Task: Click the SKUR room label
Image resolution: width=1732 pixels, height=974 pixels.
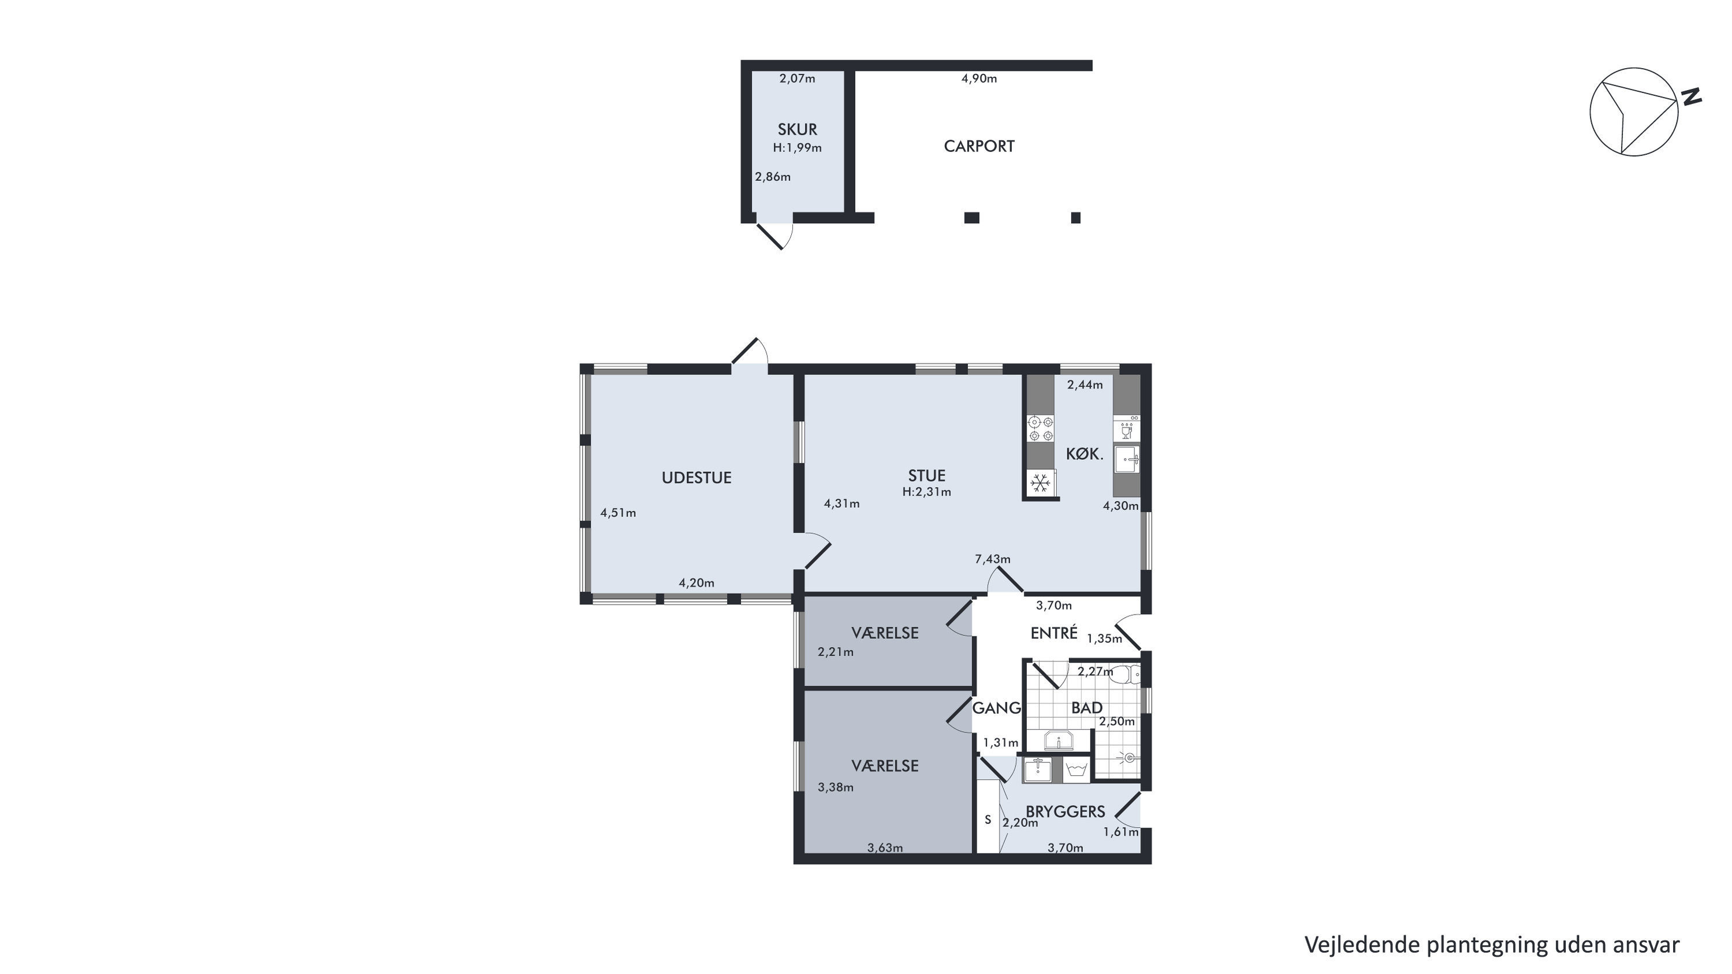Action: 798,129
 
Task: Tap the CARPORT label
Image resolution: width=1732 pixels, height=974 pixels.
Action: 979,146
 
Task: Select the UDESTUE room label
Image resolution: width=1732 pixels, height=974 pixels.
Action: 696,478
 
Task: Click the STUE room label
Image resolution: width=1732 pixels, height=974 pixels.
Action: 926,475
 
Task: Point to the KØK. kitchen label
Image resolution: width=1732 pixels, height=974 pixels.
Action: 1085,454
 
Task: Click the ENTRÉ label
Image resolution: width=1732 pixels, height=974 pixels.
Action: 1054,633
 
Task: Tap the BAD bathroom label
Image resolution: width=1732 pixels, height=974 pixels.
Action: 1086,708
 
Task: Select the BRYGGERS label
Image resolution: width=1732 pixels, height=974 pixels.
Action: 1065,812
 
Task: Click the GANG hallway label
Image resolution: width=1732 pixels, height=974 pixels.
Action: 996,708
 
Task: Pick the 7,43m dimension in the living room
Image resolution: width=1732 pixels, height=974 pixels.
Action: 992,559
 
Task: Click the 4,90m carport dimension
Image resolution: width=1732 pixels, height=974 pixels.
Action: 979,78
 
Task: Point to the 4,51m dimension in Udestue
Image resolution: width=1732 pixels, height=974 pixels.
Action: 618,512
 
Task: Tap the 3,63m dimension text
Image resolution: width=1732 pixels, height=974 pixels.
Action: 885,847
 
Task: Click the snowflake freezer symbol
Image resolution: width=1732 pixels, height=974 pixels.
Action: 1040,482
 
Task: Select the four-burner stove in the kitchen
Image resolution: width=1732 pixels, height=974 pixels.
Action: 1040,429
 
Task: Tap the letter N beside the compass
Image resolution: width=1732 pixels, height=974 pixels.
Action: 1691,97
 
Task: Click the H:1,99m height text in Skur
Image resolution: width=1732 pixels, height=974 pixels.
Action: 798,148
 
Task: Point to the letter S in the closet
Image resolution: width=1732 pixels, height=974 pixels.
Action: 988,820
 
